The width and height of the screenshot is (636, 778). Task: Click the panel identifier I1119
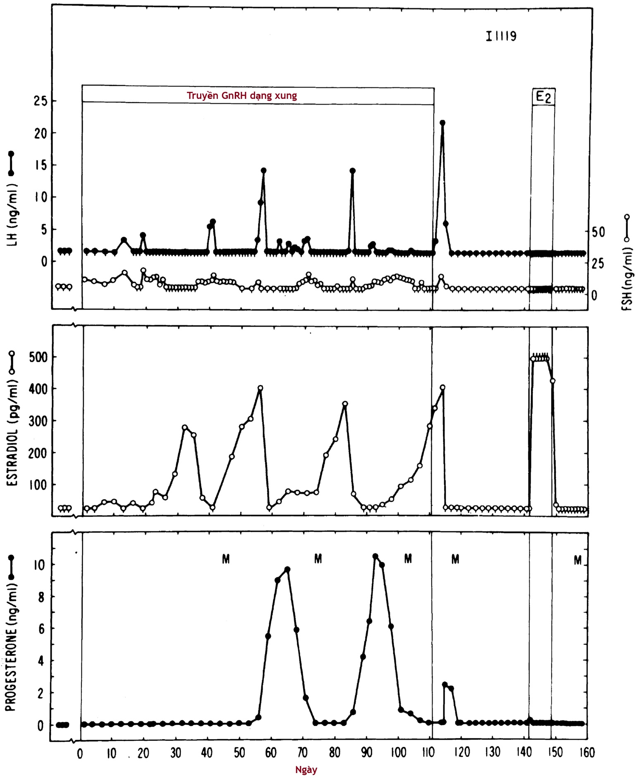[501, 36]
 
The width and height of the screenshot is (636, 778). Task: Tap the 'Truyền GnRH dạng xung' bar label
[241, 96]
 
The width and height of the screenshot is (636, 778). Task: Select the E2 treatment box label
[543, 97]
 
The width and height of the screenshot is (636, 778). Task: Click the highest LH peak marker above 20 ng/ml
[442, 123]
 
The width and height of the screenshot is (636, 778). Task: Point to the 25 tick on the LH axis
[41, 101]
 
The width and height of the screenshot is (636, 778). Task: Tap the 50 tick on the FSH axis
[598, 232]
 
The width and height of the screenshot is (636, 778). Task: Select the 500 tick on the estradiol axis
[38, 357]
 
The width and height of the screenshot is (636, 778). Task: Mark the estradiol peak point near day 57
[260, 388]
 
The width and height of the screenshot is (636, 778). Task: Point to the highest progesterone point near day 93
[375, 557]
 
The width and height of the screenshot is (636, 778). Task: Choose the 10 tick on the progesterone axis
[40, 565]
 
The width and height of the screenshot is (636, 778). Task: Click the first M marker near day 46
[226, 559]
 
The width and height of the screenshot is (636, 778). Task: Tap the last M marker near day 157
[578, 560]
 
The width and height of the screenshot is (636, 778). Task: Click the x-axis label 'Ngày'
[306, 770]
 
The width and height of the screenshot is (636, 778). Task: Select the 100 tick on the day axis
[398, 753]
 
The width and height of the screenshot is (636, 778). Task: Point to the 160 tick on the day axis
[586, 753]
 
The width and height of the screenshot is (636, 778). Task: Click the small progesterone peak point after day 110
[445, 685]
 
